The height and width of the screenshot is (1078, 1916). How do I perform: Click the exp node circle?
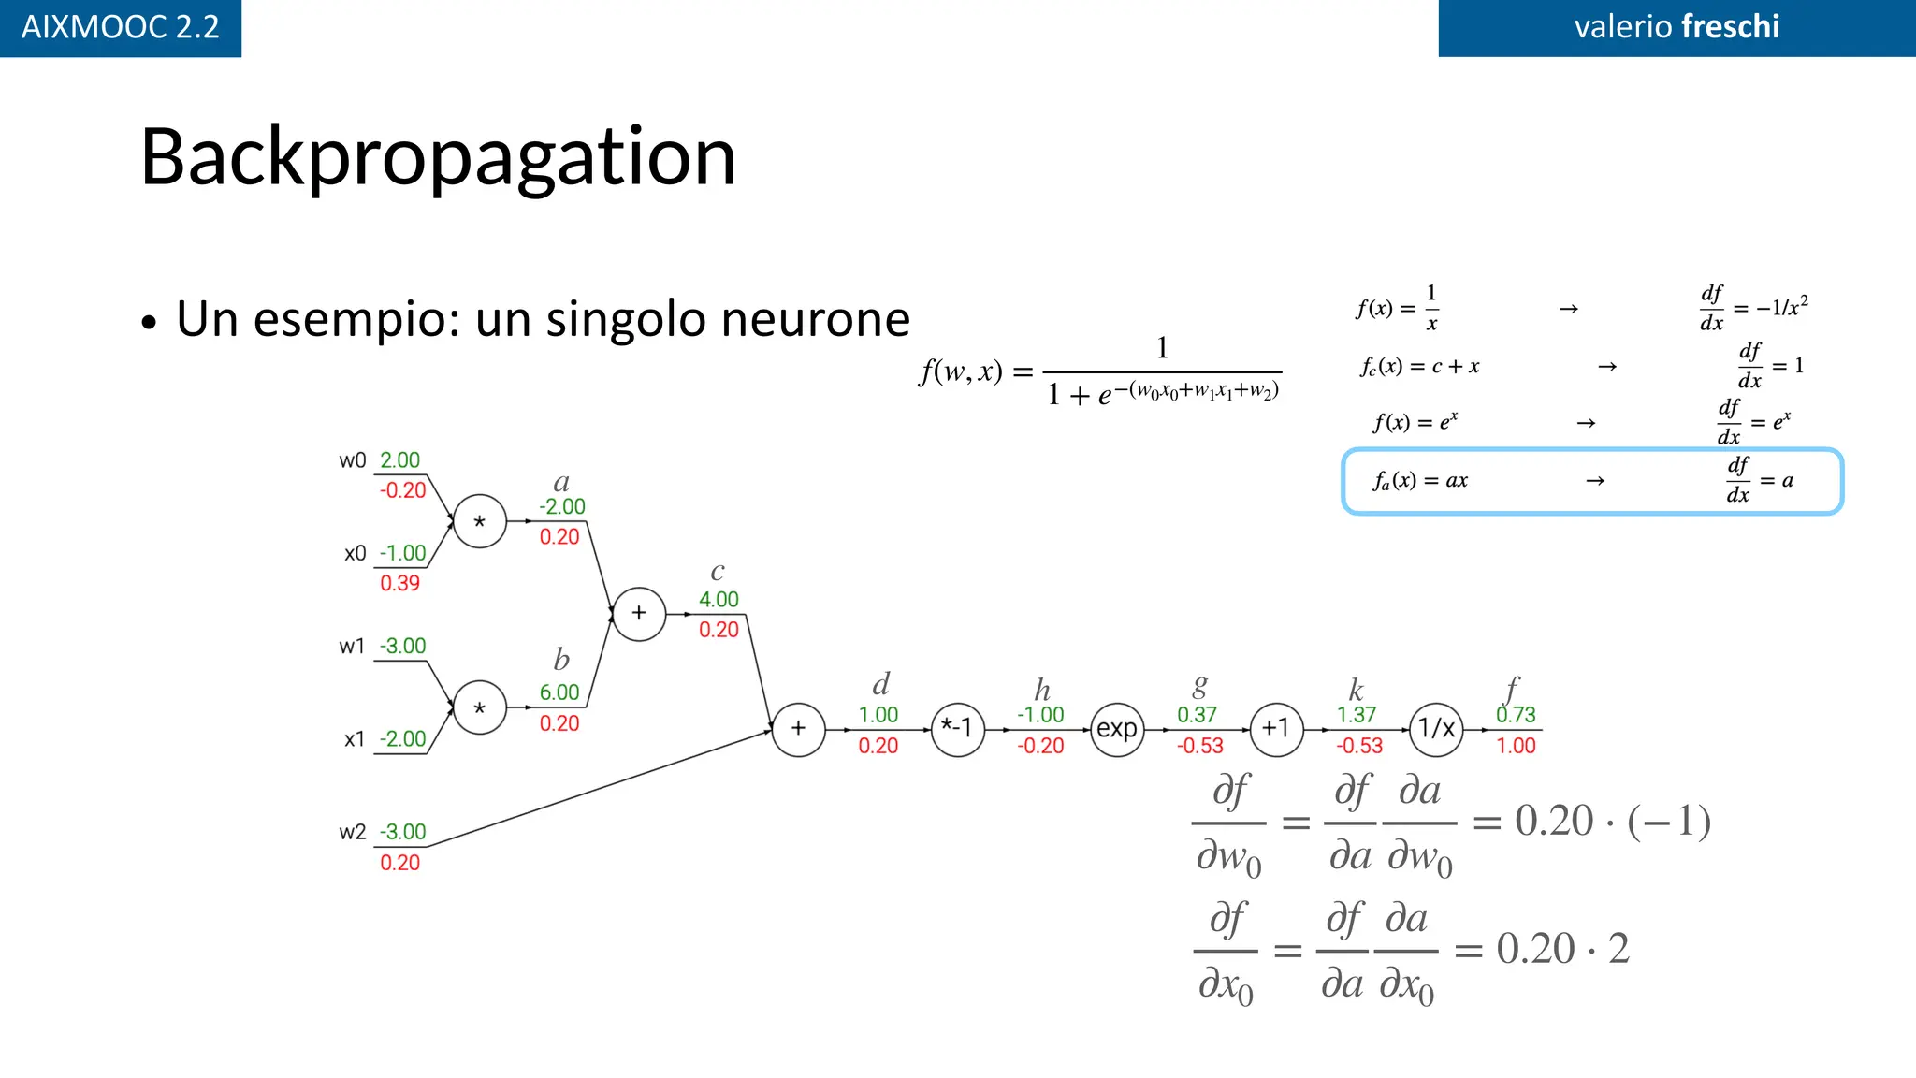coord(1117,729)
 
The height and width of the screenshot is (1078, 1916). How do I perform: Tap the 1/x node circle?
coord(1436,729)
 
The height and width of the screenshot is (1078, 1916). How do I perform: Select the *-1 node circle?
coord(958,729)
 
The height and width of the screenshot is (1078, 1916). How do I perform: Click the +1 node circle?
coord(1276,729)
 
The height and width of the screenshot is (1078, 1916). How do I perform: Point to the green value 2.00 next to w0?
coord(399,460)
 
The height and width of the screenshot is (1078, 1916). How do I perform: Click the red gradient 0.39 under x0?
coord(399,583)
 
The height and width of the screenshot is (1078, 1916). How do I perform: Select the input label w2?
coord(353,832)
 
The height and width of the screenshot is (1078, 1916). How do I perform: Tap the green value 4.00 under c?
coord(718,600)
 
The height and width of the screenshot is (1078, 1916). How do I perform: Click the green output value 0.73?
coord(1516,715)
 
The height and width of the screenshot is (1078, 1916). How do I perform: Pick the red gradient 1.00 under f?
coord(1516,746)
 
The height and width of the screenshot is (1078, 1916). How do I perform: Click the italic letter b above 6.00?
coord(561,660)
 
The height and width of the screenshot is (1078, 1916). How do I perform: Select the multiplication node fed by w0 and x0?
coord(480,521)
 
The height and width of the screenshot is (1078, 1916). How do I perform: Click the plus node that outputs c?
coord(639,614)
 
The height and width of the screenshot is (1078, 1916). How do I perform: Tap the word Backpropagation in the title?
coord(438,157)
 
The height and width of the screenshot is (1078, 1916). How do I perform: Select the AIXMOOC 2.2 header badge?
coord(120,27)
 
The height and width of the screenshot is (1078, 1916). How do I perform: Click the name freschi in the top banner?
coord(1730,27)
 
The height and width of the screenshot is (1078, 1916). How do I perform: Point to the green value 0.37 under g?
coord(1197,715)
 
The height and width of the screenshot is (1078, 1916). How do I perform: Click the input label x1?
coord(355,739)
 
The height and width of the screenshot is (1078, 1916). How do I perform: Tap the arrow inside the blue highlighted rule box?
coord(1595,481)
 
